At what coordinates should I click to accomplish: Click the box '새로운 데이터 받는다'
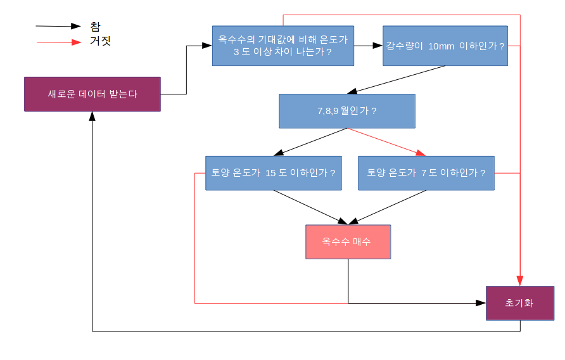92,94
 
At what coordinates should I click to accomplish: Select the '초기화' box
519,303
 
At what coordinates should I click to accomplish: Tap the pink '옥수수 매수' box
348,242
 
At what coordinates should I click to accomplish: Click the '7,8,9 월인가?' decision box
347,111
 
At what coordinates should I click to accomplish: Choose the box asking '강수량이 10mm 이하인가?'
445,46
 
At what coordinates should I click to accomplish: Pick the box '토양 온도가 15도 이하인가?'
274,173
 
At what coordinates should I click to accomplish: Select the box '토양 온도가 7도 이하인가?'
426,173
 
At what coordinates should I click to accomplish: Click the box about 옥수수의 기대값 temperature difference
283,46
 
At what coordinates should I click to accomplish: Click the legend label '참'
95,27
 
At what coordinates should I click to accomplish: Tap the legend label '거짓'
101,42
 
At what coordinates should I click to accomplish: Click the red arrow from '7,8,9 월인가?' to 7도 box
386,142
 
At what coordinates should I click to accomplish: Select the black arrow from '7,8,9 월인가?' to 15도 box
310,142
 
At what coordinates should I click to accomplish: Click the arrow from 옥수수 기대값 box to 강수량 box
368,46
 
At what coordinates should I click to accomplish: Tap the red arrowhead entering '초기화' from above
520,281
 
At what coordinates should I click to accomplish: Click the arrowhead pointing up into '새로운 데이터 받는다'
92,117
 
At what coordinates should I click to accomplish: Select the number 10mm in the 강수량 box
441,46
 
